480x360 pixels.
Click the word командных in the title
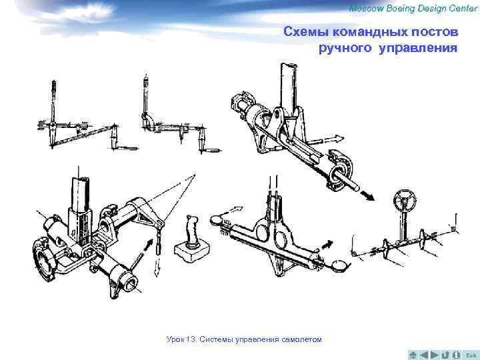pos(373,31)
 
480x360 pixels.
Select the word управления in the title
pos(419,48)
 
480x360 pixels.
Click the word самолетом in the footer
pos(300,340)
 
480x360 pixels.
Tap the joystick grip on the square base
pos(191,230)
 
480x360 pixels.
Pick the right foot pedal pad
pos(340,266)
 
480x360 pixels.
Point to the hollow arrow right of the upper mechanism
pos(333,139)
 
